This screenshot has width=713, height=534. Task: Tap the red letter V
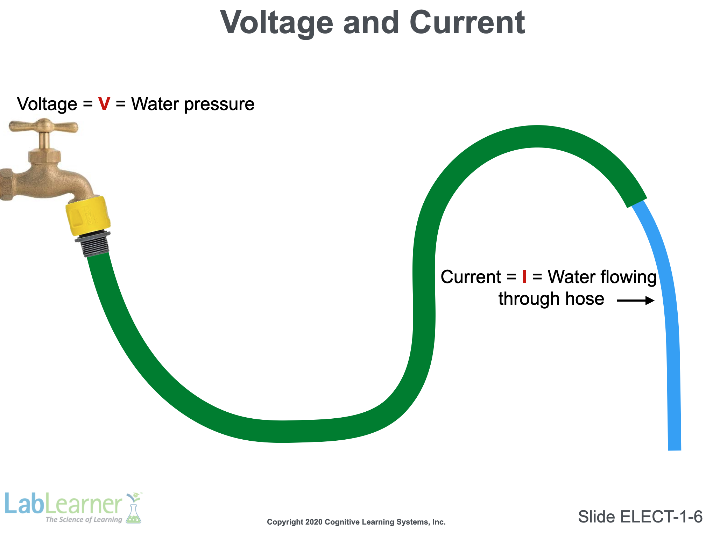pos(104,104)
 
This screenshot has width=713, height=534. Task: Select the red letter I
pos(524,277)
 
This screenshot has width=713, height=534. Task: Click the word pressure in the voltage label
pos(219,104)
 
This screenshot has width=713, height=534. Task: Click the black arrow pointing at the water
pos(635,300)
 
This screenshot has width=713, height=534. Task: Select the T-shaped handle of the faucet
pos(43,125)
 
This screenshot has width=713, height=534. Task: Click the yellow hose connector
pos(88,216)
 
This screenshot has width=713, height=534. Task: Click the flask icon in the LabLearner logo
pos(134,512)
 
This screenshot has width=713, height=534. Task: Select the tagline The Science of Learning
pos(84,520)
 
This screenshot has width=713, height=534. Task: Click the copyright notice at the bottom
pos(356,522)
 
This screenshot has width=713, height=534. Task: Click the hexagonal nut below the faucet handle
pos(45,156)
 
